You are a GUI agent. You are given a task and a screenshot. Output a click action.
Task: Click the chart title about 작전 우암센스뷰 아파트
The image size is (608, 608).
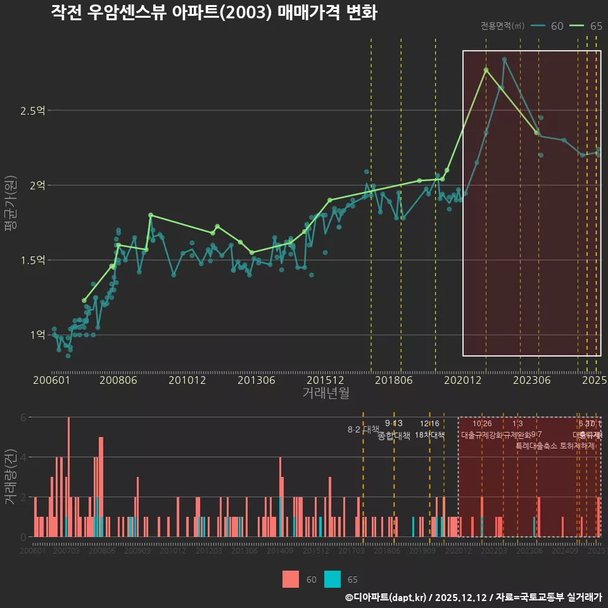pyautogui.click(x=214, y=13)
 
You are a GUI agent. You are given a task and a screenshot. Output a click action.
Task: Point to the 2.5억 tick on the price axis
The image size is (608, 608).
pyautogui.click(x=32, y=111)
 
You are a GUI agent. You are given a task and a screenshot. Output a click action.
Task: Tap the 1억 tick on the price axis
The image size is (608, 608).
pyautogui.click(x=36, y=334)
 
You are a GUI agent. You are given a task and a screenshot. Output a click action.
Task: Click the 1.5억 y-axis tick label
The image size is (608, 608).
pyautogui.click(x=32, y=260)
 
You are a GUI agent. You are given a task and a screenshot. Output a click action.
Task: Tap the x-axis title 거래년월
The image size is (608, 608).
pyautogui.click(x=326, y=393)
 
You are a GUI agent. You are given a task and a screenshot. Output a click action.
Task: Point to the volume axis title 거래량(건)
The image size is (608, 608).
pyautogui.click(x=9, y=477)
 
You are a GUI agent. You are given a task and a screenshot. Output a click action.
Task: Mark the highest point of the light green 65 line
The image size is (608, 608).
pyautogui.click(x=486, y=70)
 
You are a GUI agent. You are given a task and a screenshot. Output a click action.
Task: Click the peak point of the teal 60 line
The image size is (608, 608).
pyautogui.click(x=504, y=60)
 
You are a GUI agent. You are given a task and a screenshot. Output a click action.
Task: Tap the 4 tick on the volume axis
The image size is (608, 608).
pyautogui.click(x=23, y=457)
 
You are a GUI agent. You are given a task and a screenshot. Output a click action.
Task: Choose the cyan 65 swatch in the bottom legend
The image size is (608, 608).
pyautogui.click(x=332, y=579)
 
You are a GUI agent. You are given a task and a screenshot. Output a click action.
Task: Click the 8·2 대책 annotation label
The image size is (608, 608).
pyautogui.click(x=363, y=429)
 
